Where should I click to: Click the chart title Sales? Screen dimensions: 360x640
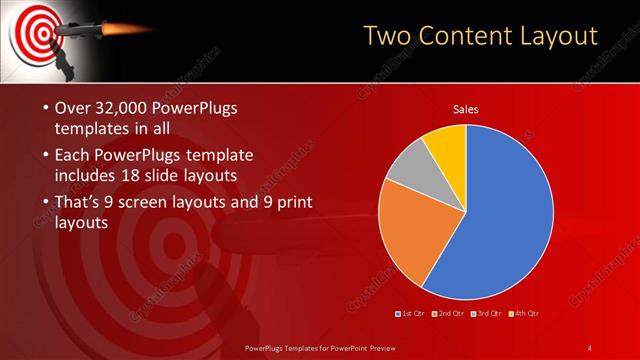(466, 109)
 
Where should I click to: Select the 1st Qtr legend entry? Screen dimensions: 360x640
(412, 315)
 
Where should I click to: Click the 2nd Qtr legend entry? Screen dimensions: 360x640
(449, 315)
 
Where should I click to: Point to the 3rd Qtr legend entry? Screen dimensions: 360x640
(488, 315)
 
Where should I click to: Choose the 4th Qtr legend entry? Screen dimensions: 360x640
(525, 315)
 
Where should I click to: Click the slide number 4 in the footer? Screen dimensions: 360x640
(590, 347)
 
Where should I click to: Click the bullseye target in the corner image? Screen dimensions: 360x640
(33, 30)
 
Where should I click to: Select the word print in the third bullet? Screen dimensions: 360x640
(290, 203)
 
